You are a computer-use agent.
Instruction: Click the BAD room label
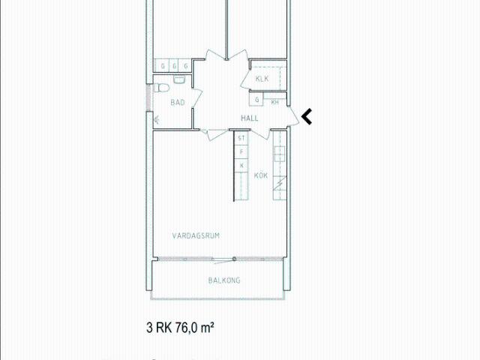[178, 102]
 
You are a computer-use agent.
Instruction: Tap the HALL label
[250, 118]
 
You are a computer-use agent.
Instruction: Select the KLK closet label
[262, 79]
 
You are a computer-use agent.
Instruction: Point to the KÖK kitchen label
[261, 175]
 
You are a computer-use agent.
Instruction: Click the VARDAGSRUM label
[195, 235]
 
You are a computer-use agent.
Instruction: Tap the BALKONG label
[224, 280]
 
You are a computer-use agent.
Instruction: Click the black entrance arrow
[307, 116]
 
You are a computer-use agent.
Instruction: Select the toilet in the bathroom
[161, 88]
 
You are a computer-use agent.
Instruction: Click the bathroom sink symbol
[180, 77]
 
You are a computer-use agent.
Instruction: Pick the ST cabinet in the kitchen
[241, 139]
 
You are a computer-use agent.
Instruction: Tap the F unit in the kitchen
[241, 152]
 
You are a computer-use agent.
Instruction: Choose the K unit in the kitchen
[241, 165]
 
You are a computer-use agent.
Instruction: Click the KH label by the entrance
[275, 102]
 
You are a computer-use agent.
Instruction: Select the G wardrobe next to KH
[257, 99]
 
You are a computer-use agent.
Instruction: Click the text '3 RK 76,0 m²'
[181, 328]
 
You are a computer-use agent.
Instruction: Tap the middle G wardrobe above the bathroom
[174, 66]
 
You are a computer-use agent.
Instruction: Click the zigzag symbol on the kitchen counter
[279, 182]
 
